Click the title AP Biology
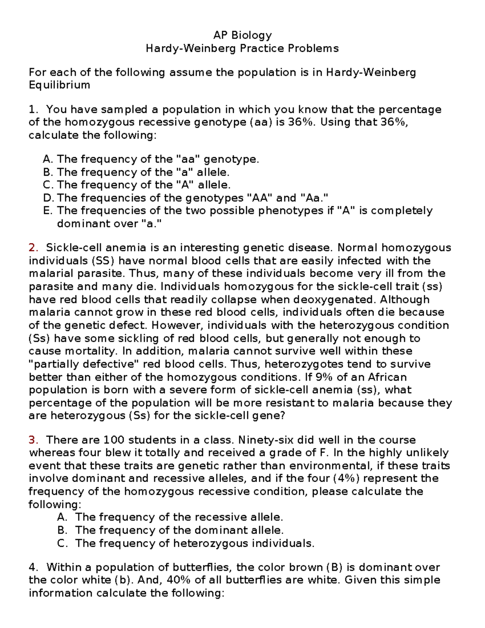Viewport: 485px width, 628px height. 242,35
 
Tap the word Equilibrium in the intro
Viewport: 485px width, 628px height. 59,85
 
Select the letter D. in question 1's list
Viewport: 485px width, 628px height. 48,198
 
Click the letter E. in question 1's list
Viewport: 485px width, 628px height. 48,211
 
